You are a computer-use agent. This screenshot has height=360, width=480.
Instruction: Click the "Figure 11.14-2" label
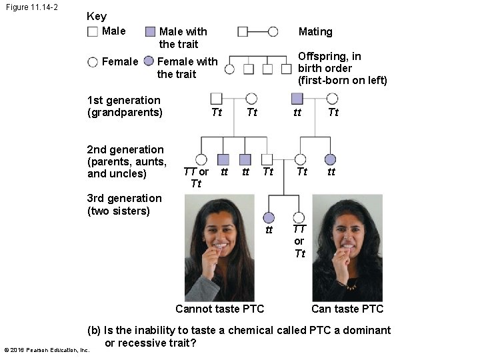click(x=31, y=7)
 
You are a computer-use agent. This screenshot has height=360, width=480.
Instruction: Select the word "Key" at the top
click(x=97, y=16)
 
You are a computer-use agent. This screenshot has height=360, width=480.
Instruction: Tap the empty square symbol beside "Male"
click(x=93, y=31)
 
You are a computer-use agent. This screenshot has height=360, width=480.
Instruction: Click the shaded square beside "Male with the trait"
click(x=150, y=31)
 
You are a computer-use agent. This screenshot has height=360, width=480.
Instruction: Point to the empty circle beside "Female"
click(x=93, y=62)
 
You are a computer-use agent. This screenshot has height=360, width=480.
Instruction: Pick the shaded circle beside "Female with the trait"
click(x=149, y=61)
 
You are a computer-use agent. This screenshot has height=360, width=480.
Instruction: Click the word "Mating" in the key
click(x=315, y=31)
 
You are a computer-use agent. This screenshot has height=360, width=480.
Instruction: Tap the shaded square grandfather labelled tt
click(x=297, y=99)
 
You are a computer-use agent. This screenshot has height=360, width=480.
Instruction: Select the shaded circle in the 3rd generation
click(x=269, y=217)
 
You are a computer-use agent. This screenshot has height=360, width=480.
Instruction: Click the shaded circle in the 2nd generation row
click(x=331, y=159)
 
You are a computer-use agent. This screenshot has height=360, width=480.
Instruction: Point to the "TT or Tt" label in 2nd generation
click(x=196, y=177)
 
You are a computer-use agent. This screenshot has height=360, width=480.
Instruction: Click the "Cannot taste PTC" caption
click(x=219, y=309)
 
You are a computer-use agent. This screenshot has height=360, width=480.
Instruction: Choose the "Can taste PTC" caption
click(x=347, y=309)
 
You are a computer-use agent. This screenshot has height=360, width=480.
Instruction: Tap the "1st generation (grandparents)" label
click(x=125, y=106)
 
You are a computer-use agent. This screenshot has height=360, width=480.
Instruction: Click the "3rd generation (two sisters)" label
click(x=125, y=204)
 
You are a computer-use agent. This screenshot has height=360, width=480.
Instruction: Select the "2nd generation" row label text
click(x=125, y=149)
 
